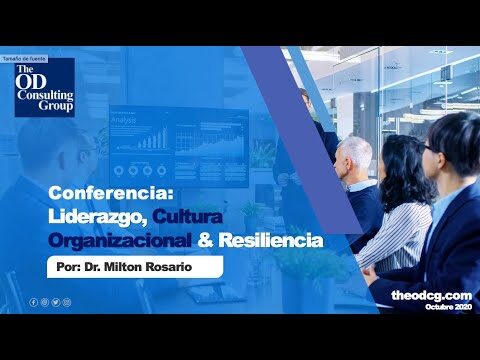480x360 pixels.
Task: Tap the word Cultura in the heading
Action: coord(200,217)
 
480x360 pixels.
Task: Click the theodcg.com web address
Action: coord(430,295)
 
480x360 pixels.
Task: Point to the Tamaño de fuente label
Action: coord(26,59)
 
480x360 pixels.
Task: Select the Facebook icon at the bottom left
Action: coord(33,301)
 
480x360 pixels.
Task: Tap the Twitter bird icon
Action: coord(56,301)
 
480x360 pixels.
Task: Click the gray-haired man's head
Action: coord(354,155)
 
